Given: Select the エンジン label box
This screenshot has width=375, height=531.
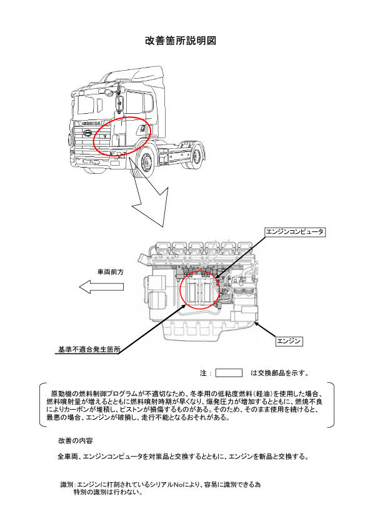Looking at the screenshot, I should pos(289,341).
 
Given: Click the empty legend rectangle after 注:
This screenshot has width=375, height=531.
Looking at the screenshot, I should pos(229,373).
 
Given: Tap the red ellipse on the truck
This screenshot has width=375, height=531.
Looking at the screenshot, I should pos(122,136).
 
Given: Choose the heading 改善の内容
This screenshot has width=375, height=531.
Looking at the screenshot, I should pos(76,441).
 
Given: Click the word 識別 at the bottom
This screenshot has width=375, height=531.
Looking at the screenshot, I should pos(67,485).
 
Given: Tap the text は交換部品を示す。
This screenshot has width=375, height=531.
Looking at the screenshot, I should pos(279,373).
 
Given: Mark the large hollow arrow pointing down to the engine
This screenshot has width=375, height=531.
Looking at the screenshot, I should pos(149,193).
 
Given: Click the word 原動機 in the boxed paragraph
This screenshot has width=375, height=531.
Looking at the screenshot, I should pos(61,393).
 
